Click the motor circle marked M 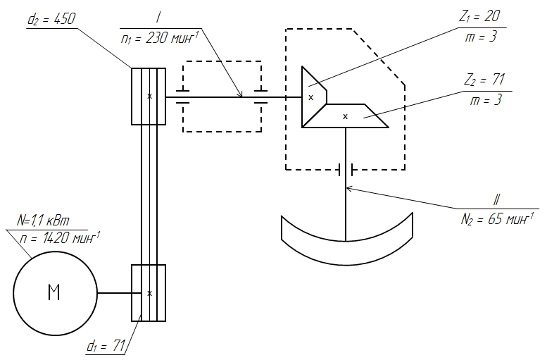pyautogui.click(x=55, y=293)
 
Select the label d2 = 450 pyautogui.click(x=51, y=19)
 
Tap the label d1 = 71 pyautogui.click(x=106, y=346)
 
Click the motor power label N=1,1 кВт pyautogui.click(x=43, y=221)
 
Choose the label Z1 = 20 pyautogui.click(x=479, y=16)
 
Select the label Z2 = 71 pyautogui.click(x=484, y=80)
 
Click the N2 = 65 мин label pyautogui.click(x=497, y=219)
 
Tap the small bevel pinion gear pyautogui.click(x=314, y=97)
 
